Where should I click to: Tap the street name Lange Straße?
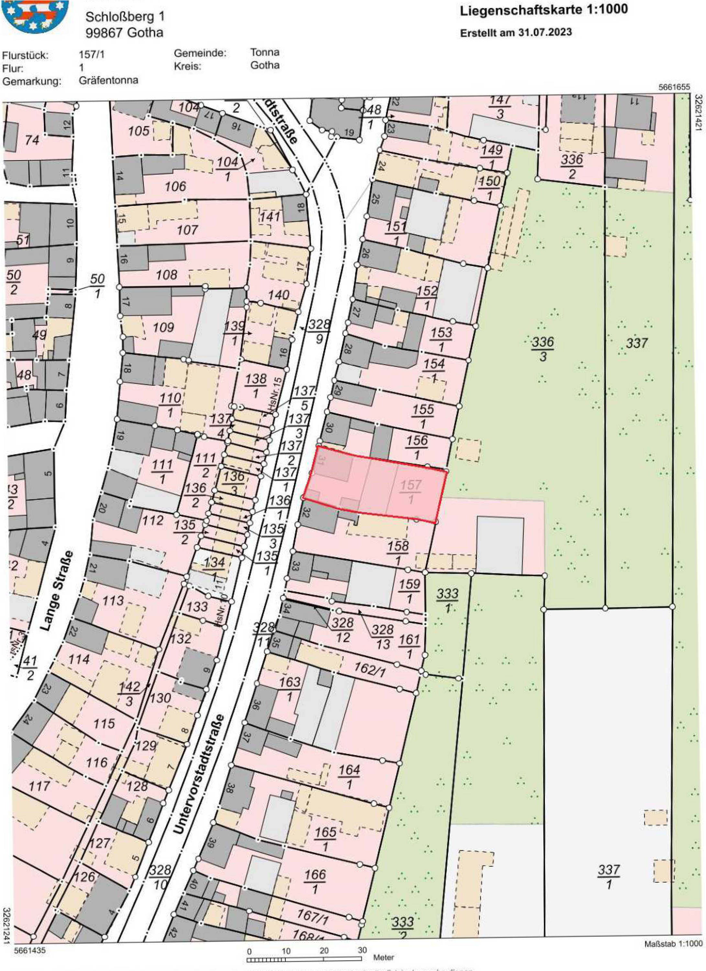[57, 591]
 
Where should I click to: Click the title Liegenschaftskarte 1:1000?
[543, 10]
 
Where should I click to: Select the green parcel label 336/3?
[543, 348]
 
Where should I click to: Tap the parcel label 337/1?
[608, 876]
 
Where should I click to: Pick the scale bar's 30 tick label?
[362, 950]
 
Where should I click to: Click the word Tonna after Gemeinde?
[265, 52]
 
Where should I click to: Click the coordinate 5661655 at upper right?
[674, 87]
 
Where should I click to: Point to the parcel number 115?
[104, 723]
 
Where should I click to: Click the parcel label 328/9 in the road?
[319, 331]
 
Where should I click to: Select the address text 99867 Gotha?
[124, 33]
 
